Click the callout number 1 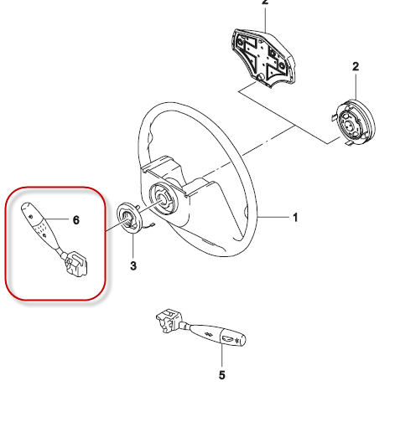tap(295, 218)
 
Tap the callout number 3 tap(133, 265)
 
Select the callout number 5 tap(222, 375)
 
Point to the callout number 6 tap(76, 220)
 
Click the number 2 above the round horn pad tap(356, 67)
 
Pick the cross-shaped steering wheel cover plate tap(262, 59)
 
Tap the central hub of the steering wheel tap(163, 198)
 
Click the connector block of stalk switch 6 tap(76, 264)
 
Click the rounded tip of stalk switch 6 tap(26, 207)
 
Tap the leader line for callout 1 tap(274, 217)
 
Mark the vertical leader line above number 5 tap(222, 357)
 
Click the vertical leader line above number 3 tap(133, 245)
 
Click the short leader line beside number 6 tap(56, 219)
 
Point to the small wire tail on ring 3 tap(148, 227)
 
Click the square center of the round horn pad tap(348, 126)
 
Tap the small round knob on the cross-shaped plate tap(261, 77)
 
